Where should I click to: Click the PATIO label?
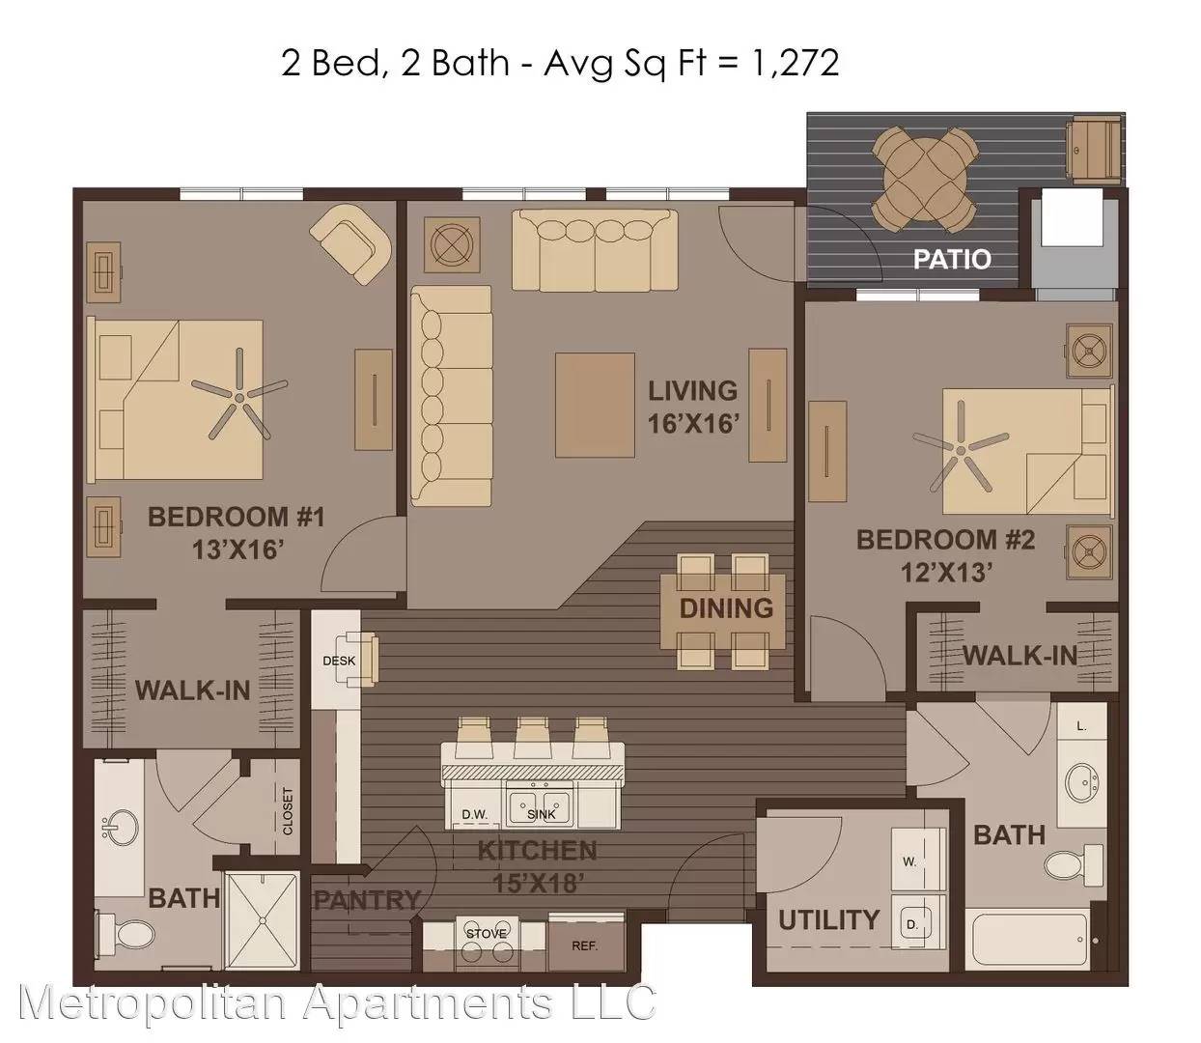click(952, 260)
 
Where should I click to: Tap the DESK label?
click(339, 661)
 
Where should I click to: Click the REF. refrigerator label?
click(584, 946)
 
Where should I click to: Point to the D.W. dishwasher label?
click(475, 815)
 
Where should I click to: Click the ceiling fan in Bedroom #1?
click(239, 397)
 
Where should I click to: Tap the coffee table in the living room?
click(595, 405)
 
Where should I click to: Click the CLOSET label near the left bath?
click(288, 811)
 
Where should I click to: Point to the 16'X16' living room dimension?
click(692, 423)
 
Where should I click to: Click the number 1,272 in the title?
click(794, 64)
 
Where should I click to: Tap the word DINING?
click(726, 608)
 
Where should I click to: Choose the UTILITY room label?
click(828, 920)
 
